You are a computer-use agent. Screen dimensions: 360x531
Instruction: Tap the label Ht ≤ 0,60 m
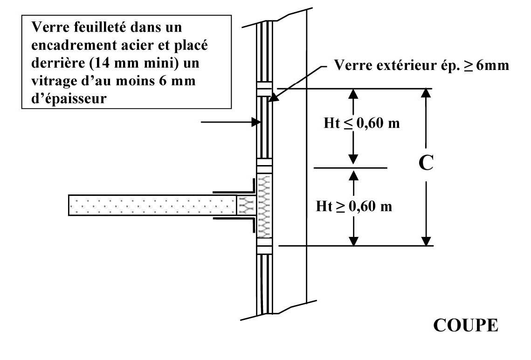coord(362,125)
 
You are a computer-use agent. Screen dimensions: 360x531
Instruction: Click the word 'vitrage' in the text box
coord(51,81)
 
